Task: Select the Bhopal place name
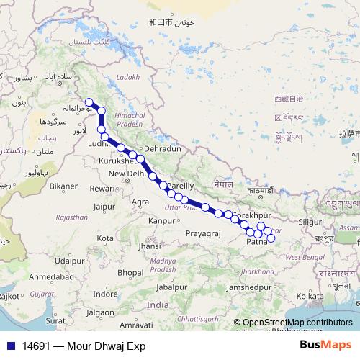[131, 272]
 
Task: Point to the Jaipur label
[105, 207]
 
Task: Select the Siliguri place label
[311, 222]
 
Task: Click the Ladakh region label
[126, 76]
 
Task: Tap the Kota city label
[105, 238]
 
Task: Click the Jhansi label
[149, 246]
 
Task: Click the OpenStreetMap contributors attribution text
[297, 323]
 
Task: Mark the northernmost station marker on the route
[88, 102]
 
